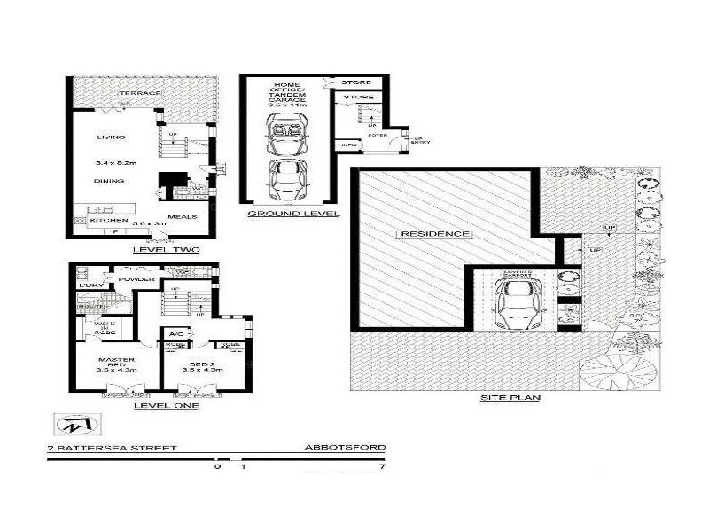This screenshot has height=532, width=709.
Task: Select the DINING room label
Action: (110, 181)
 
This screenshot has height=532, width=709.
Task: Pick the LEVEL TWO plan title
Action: (166, 250)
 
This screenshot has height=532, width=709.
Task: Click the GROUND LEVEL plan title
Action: (281, 214)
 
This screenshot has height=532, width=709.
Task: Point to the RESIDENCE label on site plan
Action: (433, 234)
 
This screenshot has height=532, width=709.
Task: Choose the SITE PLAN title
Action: (510, 398)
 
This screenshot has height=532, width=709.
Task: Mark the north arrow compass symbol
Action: (68, 426)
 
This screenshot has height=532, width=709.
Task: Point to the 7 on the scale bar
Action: (382, 465)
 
